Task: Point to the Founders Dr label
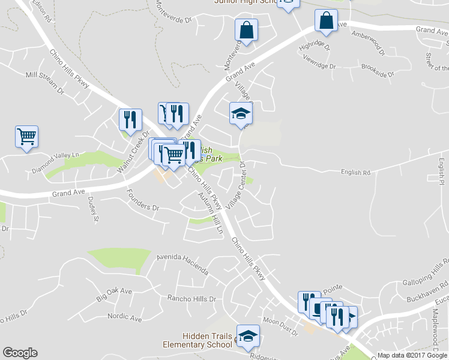[142, 200]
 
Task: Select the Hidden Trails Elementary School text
[198, 340]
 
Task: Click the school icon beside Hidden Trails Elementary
[247, 337]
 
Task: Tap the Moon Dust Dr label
[280, 327]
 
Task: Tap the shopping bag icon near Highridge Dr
[325, 20]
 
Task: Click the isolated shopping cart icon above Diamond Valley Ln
[26, 137]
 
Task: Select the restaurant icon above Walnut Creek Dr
[130, 120]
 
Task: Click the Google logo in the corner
[20, 353]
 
